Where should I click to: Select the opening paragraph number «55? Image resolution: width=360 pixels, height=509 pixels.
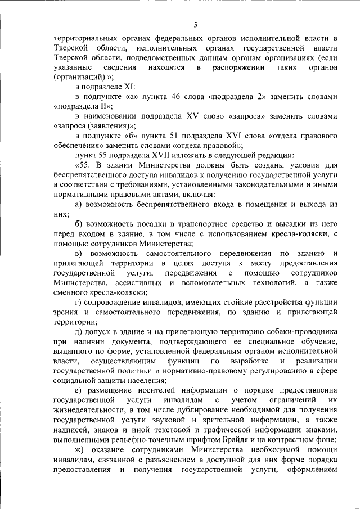83,165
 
